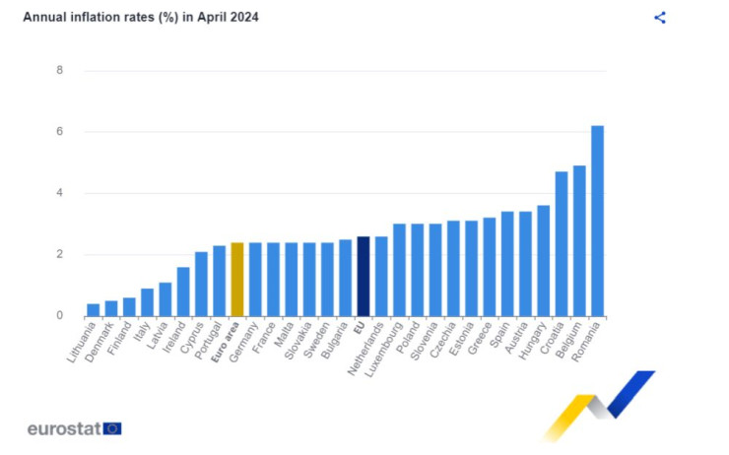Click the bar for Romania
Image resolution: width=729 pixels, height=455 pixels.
pyautogui.click(x=597, y=221)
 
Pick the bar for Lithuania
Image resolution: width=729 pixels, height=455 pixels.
pyautogui.click(x=93, y=310)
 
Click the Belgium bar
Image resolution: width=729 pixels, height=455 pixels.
pyautogui.click(x=579, y=240)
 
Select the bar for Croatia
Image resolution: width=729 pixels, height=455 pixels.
pyautogui.click(x=562, y=243)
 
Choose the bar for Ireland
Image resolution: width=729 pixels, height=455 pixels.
pyautogui.click(x=182, y=292)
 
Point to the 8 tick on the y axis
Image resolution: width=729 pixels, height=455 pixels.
pyautogui.click(x=60, y=71)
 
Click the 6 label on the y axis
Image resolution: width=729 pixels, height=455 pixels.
pyautogui.click(x=60, y=132)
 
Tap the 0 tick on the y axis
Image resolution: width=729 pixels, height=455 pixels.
pyautogui.click(x=60, y=316)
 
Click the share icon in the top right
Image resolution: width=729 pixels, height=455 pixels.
pyautogui.click(x=660, y=18)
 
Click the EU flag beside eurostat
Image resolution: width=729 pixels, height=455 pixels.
pyautogui.click(x=112, y=428)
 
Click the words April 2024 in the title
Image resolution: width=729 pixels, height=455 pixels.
pyautogui.click(x=225, y=18)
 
